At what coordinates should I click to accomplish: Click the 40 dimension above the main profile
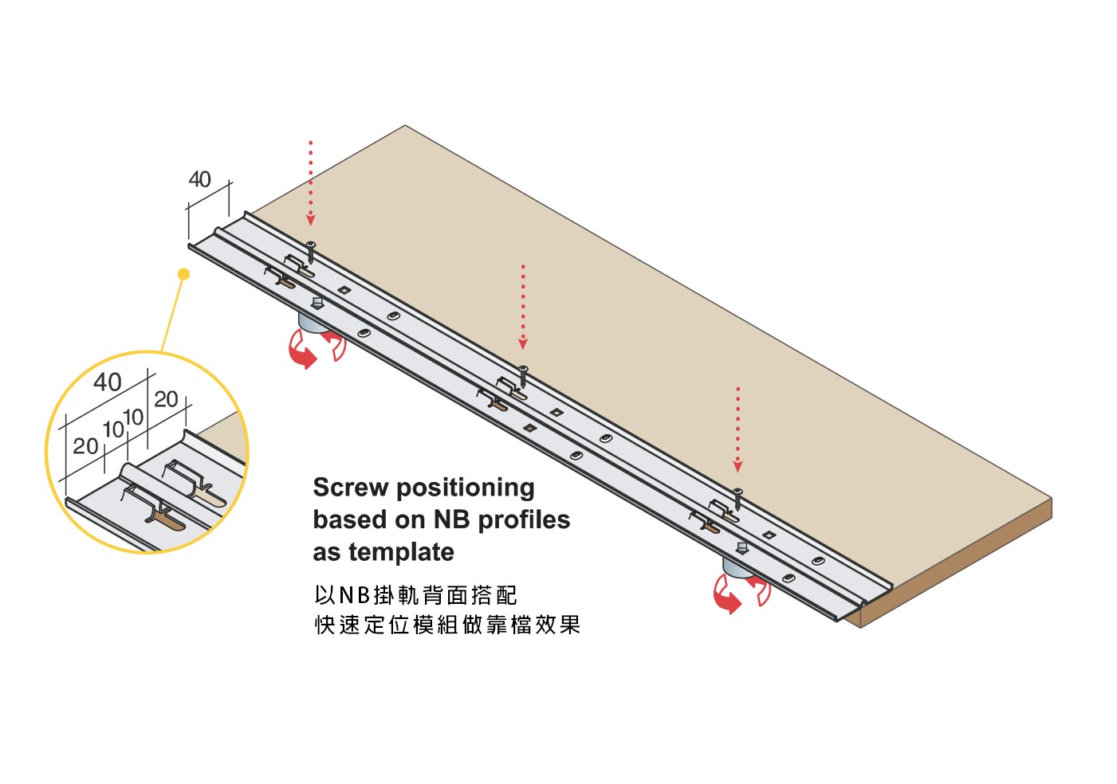(x=200, y=179)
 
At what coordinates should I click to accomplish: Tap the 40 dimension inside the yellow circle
(x=107, y=382)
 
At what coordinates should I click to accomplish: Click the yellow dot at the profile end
(x=184, y=274)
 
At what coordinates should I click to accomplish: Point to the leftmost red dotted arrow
(x=311, y=183)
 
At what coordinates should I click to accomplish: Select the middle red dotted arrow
(x=522, y=307)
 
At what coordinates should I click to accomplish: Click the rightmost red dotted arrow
(x=738, y=429)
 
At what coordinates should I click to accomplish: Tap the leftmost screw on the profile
(x=311, y=252)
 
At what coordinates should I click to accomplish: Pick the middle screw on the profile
(x=523, y=375)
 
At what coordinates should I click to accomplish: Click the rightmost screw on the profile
(x=738, y=500)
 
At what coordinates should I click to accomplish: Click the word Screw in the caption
(x=351, y=488)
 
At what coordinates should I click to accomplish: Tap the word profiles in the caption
(x=524, y=519)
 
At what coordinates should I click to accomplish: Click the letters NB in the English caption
(x=452, y=519)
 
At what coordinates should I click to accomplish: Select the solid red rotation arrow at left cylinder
(x=301, y=351)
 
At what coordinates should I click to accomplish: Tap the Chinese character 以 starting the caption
(x=325, y=595)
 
